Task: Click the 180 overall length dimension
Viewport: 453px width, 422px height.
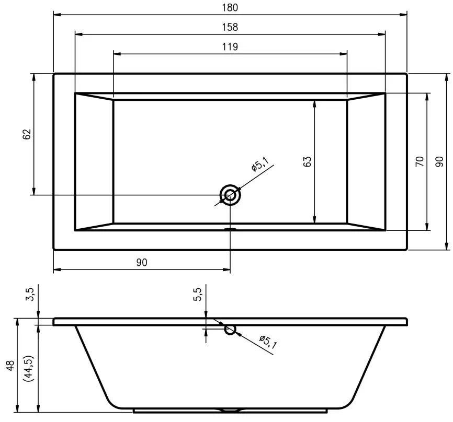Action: (230, 7)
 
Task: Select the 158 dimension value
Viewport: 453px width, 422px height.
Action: (230, 27)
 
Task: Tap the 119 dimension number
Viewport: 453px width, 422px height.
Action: (230, 46)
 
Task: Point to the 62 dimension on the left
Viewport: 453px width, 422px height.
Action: (27, 134)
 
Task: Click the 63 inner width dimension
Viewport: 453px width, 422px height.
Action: (308, 161)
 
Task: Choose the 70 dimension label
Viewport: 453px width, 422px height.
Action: (420, 161)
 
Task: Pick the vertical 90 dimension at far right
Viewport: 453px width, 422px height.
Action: (439, 161)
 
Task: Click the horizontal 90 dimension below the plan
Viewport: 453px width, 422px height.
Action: (142, 263)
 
